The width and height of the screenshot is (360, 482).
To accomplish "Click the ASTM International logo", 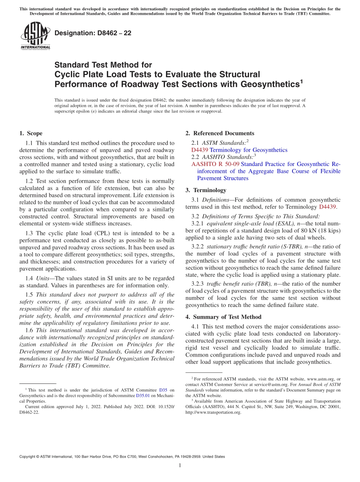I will [35, 36].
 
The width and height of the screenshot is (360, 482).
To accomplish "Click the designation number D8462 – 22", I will [93, 33].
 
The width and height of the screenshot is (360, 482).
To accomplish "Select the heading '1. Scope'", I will [31, 133].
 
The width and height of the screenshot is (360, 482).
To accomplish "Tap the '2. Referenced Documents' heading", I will [220, 133].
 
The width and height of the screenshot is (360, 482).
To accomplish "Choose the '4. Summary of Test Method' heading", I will [223, 317].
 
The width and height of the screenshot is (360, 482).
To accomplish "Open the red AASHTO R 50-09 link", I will [215, 164].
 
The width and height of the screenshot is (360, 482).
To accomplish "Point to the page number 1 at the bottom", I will [180, 466].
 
